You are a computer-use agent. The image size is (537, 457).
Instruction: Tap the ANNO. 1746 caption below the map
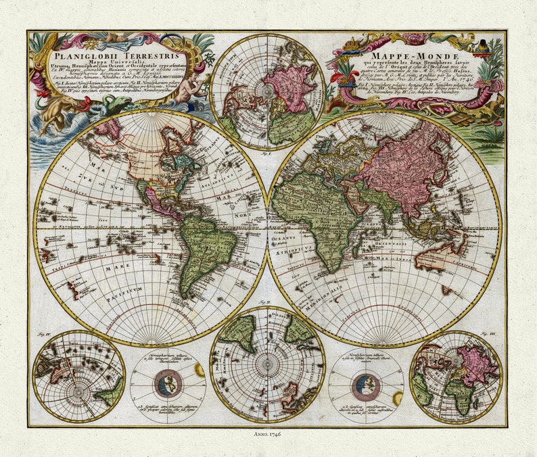[x=267, y=435]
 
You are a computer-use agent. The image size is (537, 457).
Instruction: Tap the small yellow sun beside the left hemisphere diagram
[x=200, y=370]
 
